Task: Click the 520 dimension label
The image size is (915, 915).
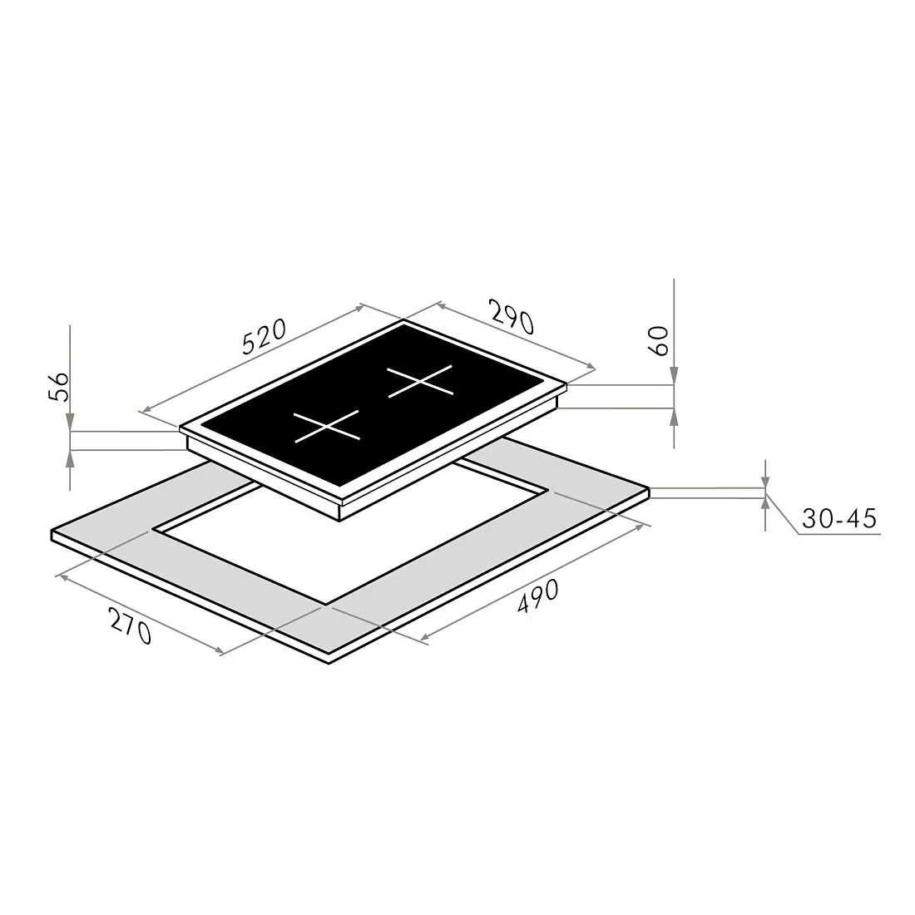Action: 265,336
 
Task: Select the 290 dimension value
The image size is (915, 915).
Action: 512,316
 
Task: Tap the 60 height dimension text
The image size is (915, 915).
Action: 658,341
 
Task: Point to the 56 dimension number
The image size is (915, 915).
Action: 58,386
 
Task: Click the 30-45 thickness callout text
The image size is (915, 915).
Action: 839,518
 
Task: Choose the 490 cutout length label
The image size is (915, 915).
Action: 537,596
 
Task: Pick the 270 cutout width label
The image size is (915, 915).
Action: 131,625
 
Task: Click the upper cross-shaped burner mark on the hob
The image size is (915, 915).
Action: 420,381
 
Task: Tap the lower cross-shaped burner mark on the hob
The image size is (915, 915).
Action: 327,427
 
